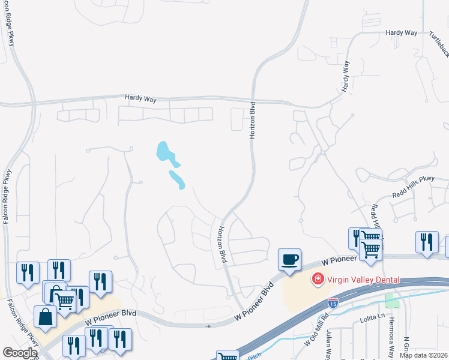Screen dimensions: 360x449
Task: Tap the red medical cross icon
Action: click(316, 278)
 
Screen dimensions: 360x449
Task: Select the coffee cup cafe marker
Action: click(289, 260)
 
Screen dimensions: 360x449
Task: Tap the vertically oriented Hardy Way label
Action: click(346, 77)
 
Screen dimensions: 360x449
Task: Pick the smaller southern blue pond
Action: click(177, 179)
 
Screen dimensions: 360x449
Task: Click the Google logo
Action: click(20, 353)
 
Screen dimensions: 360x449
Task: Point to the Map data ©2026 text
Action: click(423, 355)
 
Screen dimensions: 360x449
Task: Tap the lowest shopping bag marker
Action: click(46, 316)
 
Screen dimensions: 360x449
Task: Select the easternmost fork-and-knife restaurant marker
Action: click(427, 242)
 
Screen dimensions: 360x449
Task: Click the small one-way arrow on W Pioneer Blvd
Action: click(208, 326)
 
